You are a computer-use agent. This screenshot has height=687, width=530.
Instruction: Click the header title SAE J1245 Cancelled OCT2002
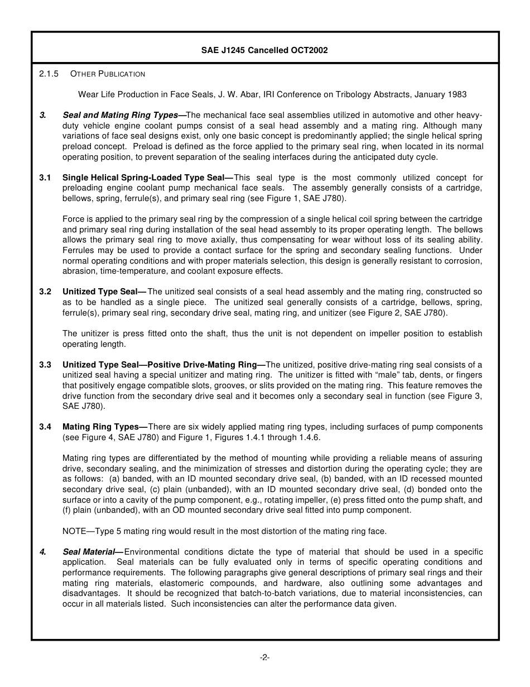(264, 50)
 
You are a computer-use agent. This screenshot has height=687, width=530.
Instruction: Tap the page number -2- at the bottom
(264, 657)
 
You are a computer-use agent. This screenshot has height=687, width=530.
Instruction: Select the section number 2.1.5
(49, 74)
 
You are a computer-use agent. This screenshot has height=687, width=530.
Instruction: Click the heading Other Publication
(108, 74)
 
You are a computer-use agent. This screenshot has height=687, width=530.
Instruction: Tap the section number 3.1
(45, 178)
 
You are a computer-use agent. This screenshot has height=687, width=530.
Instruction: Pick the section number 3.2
(45, 292)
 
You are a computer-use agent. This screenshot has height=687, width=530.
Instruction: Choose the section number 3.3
(45, 365)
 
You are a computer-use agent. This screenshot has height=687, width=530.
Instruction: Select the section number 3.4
(45, 427)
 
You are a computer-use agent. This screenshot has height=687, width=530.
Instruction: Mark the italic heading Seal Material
(91, 552)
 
